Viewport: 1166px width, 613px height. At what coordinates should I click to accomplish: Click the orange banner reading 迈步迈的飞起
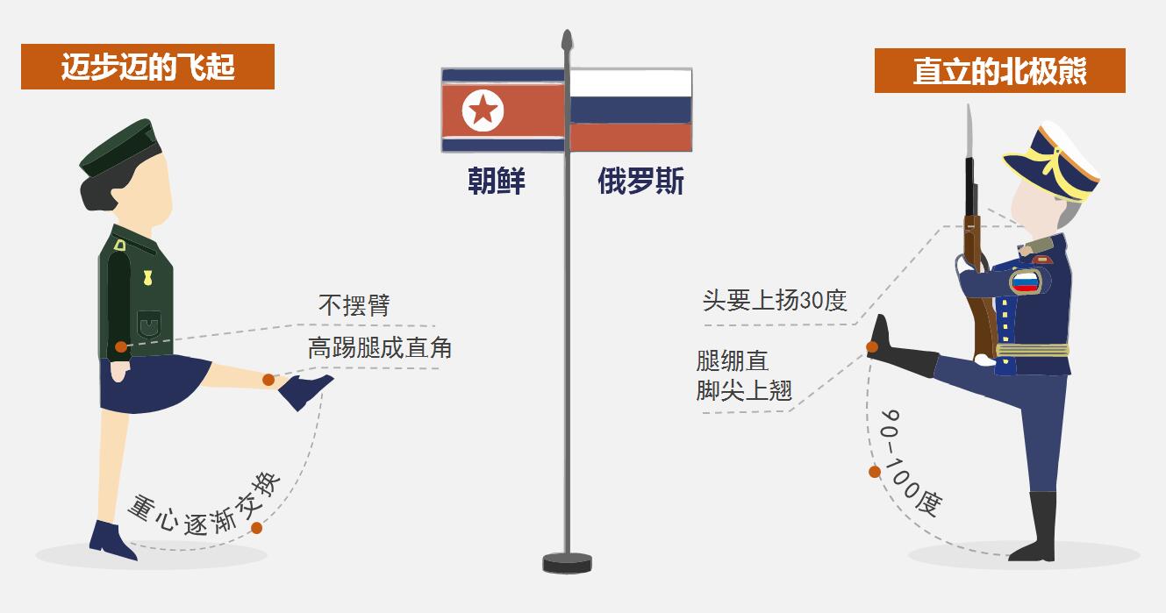[x=147, y=68]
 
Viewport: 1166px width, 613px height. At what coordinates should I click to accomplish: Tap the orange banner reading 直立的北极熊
[x=999, y=71]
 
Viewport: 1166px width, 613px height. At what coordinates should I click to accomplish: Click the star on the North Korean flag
[x=482, y=110]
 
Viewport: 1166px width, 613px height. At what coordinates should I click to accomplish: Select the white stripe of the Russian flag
[x=631, y=83]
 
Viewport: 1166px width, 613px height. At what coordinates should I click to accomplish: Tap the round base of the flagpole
[x=567, y=561]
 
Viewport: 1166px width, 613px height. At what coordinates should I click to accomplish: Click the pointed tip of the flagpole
[x=567, y=39]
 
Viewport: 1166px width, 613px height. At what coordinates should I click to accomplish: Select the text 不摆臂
[x=354, y=305]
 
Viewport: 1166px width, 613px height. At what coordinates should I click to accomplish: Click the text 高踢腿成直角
[x=379, y=347]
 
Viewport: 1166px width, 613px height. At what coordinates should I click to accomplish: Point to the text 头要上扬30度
[x=774, y=300]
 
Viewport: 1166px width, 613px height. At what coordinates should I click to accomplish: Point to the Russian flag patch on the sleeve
[x=1024, y=281]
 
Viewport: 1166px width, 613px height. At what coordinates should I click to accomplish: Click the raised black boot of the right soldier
[x=899, y=351]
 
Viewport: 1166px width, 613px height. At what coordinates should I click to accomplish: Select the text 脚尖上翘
[x=744, y=390]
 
